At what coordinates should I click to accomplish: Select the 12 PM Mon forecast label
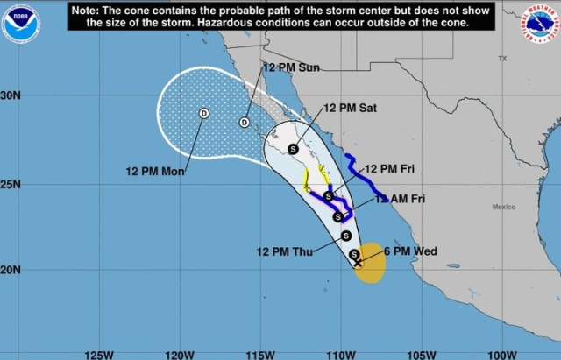tap(154, 172)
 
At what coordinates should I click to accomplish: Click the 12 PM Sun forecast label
tap(291, 67)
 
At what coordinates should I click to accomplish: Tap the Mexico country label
tap(503, 207)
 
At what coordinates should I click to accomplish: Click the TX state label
tap(502, 58)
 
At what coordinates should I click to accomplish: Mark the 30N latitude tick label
tap(11, 95)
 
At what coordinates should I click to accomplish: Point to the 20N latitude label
tap(11, 271)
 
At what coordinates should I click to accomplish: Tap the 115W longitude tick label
tap(260, 354)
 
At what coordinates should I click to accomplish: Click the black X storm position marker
tap(357, 261)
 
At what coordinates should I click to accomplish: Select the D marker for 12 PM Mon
tap(204, 113)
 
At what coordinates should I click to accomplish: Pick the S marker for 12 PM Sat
tap(293, 148)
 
